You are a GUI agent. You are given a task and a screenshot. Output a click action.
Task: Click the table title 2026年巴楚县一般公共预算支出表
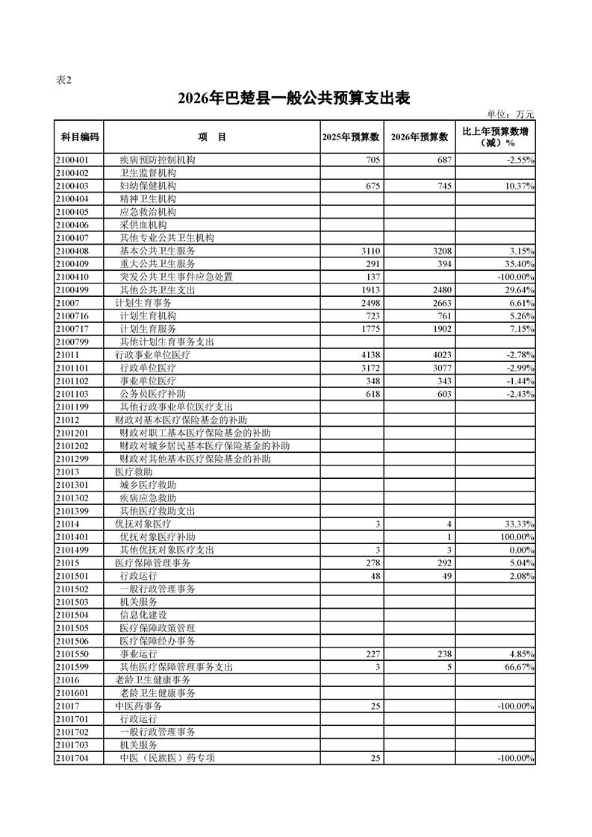tap(295, 98)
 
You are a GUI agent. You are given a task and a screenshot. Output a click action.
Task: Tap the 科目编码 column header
tap(79, 137)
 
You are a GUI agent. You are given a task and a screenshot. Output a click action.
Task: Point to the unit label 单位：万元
tap(511, 114)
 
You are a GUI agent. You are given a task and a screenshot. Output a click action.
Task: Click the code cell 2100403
tap(72, 186)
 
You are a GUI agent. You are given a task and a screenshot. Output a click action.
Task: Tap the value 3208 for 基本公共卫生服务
tap(441, 251)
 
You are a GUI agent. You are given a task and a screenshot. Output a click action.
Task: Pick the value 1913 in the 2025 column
tap(370, 290)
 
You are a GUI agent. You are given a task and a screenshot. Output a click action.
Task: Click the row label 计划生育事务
tap(143, 303)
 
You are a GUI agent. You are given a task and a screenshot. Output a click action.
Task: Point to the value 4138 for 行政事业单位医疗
tap(370, 355)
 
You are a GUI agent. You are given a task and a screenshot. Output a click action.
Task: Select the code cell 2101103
tap(72, 394)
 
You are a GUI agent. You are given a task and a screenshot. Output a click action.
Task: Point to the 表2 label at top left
tap(64, 81)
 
